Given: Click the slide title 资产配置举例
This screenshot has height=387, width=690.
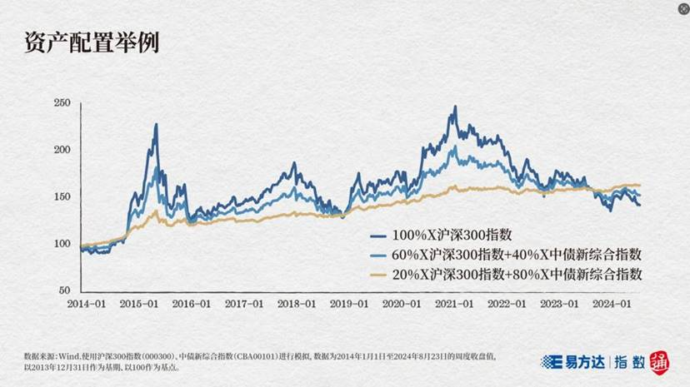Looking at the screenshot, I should point(92,42).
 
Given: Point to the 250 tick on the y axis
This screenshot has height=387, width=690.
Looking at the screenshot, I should point(61,103).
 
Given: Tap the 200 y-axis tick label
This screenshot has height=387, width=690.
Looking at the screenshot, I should point(61,150).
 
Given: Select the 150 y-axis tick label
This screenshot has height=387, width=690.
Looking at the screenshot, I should point(61,196).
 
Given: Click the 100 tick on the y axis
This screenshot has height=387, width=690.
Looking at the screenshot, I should point(61,244).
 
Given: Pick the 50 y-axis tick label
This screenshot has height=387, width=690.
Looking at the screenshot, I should point(63,290).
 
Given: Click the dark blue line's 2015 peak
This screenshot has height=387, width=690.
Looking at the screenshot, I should point(156,125).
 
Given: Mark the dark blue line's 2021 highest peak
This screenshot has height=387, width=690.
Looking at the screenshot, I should point(454,107).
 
